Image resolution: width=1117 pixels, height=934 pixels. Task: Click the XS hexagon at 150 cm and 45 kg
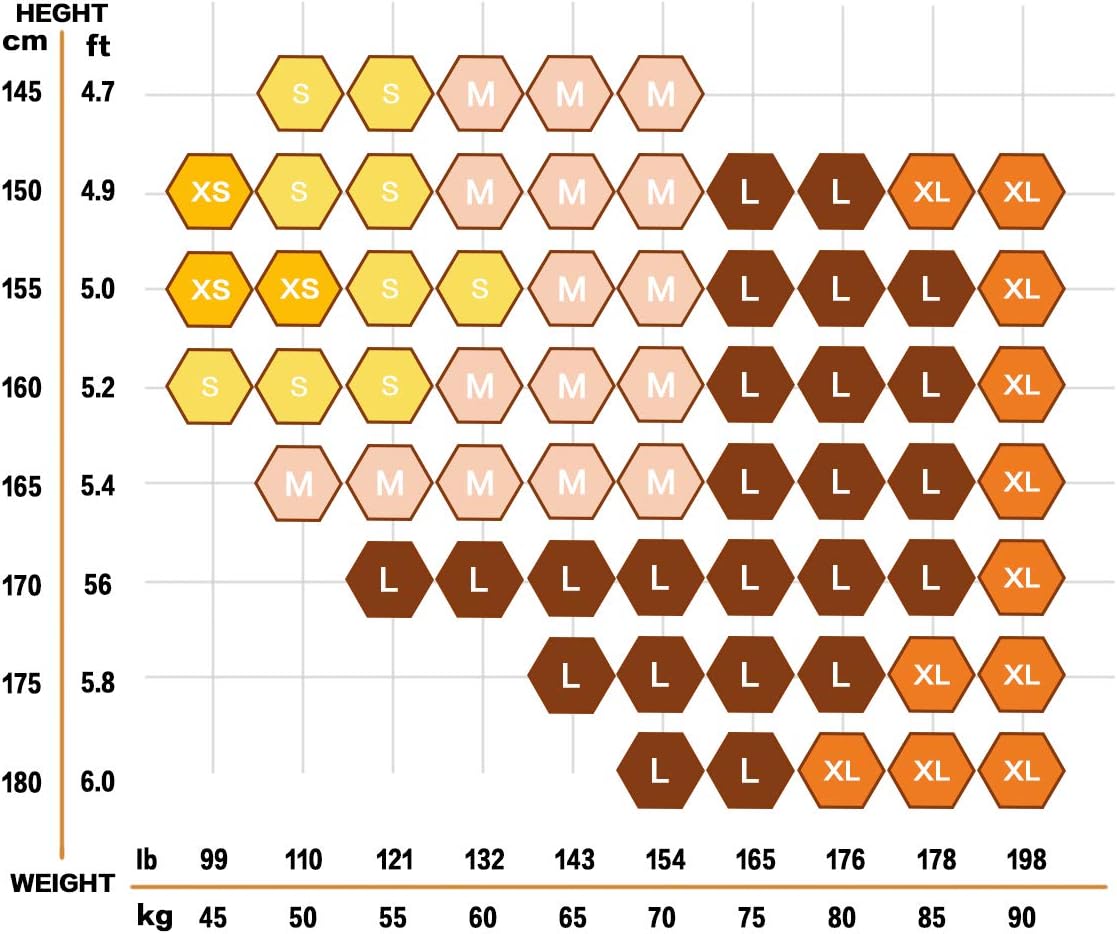click(x=211, y=192)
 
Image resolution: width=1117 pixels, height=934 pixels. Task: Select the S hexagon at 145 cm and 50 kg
click(x=301, y=95)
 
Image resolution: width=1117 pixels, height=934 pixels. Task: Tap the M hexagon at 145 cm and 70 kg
click(x=661, y=95)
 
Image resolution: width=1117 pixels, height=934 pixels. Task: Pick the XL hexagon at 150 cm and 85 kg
click(x=931, y=192)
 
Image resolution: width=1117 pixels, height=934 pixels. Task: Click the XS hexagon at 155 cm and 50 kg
click(x=299, y=289)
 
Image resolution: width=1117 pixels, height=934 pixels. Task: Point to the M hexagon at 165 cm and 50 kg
click(x=300, y=484)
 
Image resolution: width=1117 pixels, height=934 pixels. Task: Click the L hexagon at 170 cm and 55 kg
click(x=390, y=580)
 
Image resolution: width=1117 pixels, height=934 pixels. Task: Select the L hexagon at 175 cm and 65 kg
click(x=571, y=676)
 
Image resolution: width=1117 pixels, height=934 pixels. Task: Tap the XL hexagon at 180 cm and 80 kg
click(x=841, y=772)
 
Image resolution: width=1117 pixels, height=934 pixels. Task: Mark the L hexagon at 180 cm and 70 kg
click(x=660, y=772)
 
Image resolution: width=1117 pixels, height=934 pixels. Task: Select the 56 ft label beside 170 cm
click(x=98, y=585)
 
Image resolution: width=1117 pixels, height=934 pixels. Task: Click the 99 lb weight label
click(x=213, y=860)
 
